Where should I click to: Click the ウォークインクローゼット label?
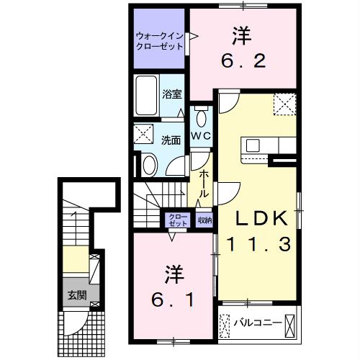[x=160, y=41]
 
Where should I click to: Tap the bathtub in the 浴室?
[x=146, y=95]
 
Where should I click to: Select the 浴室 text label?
[x=172, y=94]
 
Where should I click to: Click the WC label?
[x=201, y=136]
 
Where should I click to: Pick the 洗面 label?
[x=171, y=140]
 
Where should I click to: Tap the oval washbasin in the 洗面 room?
[x=149, y=165]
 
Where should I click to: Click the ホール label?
[x=204, y=184]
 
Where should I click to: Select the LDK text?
[x=261, y=218]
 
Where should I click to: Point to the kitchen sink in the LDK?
[x=253, y=145]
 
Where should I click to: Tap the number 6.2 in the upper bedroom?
[x=243, y=60]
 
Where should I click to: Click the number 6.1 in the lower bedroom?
[x=172, y=300]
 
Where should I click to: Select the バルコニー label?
[x=258, y=323]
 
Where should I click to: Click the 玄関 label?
[x=77, y=295]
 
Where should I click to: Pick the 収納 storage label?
[x=204, y=220]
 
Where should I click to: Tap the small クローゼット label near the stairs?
[x=178, y=220]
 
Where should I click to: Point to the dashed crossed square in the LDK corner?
[x=284, y=104]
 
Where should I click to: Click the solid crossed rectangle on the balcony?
[x=289, y=326]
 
